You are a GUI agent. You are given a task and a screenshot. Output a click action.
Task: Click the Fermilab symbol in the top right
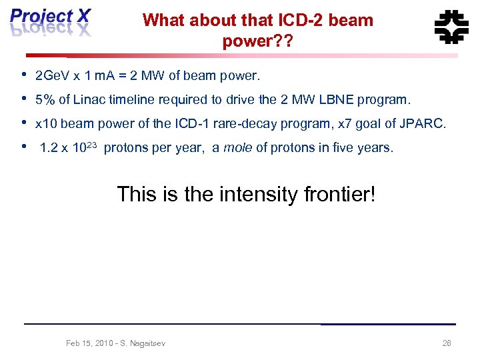pos(451,27)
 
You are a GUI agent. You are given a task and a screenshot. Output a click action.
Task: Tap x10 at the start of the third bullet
pos(45,123)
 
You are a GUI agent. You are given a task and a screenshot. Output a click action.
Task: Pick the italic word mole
pos(237,148)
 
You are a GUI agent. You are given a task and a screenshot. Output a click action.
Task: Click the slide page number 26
pos(447,343)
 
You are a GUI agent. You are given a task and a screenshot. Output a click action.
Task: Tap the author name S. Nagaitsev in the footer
pos(142,343)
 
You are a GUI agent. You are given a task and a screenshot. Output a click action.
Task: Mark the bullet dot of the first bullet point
pos(24,74)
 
